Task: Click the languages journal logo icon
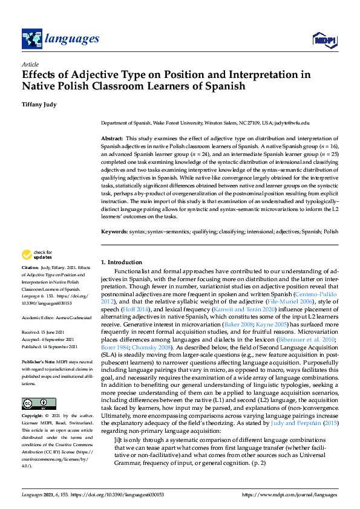31,39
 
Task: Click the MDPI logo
324,40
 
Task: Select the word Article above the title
30,64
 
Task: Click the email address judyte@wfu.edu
293,122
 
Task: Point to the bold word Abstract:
112,139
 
